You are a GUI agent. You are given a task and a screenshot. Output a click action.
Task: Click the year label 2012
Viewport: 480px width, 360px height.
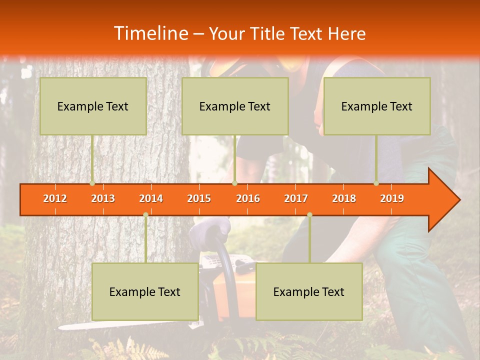tap(55, 198)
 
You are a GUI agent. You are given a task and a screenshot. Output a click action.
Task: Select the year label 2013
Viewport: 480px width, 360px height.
tap(103, 198)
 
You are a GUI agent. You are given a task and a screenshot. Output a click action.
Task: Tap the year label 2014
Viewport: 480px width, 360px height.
tap(151, 198)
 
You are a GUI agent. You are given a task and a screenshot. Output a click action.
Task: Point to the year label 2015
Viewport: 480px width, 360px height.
tap(199, 198)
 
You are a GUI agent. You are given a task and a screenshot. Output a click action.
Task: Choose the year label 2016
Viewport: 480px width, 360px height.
tap(248, 198)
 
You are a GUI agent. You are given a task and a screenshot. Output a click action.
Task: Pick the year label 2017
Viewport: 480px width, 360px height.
tap(296, 198)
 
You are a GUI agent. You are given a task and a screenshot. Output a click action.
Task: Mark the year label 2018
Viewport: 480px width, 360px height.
tap(344, 198)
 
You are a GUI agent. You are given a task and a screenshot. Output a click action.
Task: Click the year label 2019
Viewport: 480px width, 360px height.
tap(392, 198)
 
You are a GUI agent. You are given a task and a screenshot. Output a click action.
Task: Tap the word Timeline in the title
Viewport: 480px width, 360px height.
tap(150, 33)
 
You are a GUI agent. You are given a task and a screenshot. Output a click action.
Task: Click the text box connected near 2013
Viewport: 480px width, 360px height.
tap(93, 106)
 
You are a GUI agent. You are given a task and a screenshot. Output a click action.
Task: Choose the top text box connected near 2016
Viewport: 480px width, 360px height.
tap(235, 106)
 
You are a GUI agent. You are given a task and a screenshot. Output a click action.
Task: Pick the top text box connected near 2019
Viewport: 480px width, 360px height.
tap(377, 106)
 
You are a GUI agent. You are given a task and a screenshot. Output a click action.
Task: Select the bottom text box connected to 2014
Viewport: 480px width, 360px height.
tap(145, 291)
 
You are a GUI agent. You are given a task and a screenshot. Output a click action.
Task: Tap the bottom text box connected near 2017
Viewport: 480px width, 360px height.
tap(309, 291)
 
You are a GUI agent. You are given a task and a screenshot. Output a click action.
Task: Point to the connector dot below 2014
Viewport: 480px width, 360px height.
tap(145, 214)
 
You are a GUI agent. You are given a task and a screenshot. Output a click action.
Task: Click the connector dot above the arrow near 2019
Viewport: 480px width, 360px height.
tap(376, 183)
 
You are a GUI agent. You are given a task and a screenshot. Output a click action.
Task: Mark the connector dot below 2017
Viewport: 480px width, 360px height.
tap(309, 214)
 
